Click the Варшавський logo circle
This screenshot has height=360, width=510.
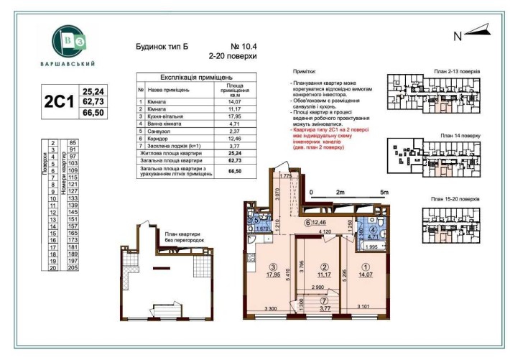tap(71, 41)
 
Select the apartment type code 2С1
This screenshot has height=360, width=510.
tap(60, 101)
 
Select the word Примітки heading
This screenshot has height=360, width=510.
tap(305, 73)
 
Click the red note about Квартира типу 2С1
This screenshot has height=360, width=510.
tap(333, 135)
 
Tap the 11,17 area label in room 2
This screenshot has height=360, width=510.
tap(324, 273)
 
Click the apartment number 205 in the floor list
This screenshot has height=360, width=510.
tap(72, 267)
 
